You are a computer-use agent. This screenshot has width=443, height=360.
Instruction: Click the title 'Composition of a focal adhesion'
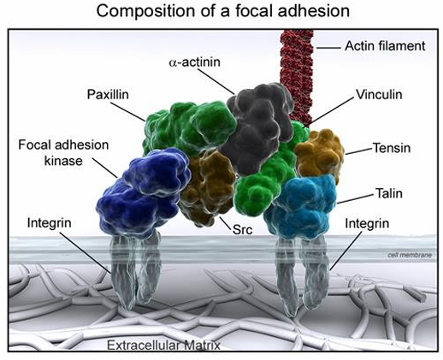click(223, 11)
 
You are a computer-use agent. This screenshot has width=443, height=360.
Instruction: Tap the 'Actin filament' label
click(385, 46)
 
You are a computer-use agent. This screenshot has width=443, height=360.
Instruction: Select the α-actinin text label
click(195, 62)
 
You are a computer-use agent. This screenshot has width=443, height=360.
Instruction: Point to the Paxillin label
click(108, 94)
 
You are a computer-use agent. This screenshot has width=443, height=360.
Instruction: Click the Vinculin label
click(379, 94)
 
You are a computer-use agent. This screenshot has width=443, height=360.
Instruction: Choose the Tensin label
click(392, 148)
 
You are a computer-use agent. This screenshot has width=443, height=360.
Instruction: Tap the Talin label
click(389, 193)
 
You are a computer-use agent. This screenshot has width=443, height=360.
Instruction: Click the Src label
click(243, 229)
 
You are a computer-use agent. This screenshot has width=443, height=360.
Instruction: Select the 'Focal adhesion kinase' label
click(63, 153)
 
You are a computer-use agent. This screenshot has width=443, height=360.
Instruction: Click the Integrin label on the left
click(49, 223)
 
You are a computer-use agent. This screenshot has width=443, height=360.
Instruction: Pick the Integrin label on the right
click(367, 223)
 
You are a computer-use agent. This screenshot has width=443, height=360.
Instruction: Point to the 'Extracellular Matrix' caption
click(163, 345)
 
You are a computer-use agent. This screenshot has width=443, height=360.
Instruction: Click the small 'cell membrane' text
click(410, 255)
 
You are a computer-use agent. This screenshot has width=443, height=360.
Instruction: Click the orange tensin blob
click(319, 152)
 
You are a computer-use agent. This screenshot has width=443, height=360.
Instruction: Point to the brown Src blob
click(208, 186)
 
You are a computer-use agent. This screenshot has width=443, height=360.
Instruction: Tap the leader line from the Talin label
click(355, 199)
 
